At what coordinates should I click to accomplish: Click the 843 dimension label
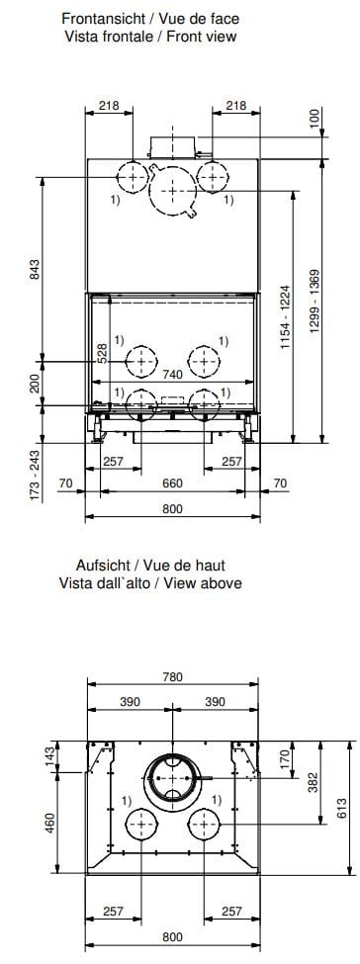(36, 268)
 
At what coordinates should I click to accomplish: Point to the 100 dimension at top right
(315, 118)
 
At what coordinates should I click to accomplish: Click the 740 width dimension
(173, 376)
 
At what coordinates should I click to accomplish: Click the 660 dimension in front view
(172, 483)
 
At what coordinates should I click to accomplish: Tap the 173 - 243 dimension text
(36, 474)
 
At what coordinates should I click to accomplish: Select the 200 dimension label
(36, 384)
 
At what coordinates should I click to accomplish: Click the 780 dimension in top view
(172, 677)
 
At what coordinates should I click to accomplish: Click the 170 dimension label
(283, 759)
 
